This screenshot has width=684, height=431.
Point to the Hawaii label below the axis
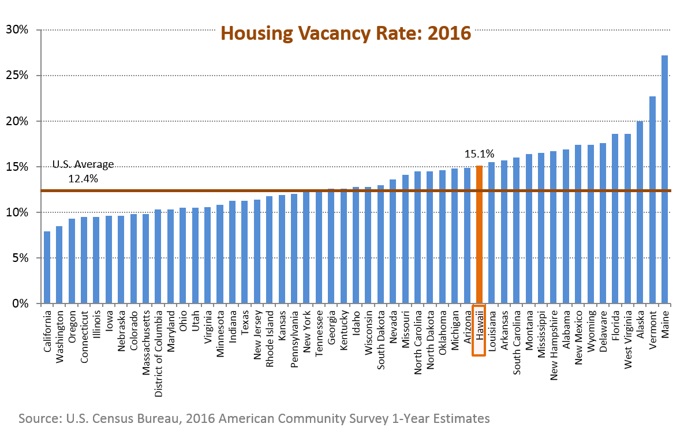point(479,331)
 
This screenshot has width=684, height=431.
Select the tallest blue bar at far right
point(664,179)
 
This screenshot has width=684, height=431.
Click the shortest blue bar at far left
point(47,267)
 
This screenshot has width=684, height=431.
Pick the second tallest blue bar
point(652,200)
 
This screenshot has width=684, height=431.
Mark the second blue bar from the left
point(59,264)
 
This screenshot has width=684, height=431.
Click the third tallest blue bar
point(640,212)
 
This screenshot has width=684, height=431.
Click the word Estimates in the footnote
point(462,418)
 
